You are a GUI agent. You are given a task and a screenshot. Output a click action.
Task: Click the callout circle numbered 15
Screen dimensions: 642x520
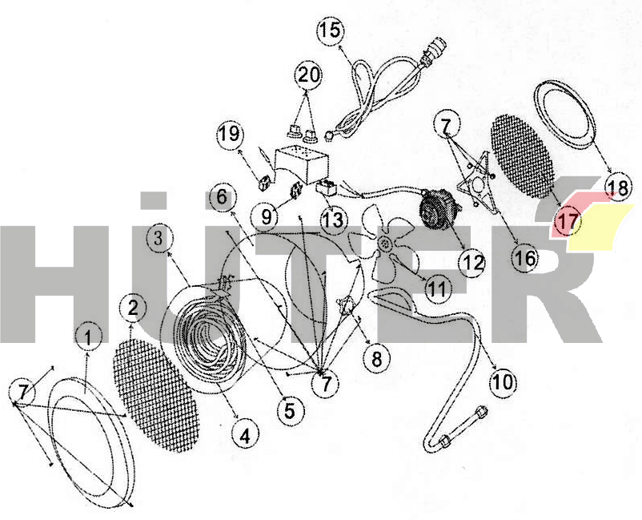(331, 30)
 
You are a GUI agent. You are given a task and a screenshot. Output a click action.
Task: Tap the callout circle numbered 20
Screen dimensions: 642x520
(309, 75)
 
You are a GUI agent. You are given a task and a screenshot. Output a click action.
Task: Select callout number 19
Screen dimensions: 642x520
(230, 134)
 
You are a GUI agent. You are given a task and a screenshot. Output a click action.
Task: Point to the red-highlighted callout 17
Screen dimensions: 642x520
(568, 221)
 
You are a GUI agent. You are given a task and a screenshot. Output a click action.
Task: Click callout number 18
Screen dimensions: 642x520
(618, 187)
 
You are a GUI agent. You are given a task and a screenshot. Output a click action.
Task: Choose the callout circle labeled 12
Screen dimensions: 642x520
(472, 261)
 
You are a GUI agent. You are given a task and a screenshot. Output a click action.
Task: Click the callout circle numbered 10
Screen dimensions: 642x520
(504, 382)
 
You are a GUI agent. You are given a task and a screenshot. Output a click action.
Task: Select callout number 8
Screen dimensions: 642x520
(376, 359)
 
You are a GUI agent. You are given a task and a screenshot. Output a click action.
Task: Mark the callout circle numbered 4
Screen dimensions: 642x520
(244, 437)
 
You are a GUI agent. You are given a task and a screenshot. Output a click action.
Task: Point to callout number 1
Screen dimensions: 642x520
(87, 337)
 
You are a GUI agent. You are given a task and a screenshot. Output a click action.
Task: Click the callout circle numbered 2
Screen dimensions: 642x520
(133, 308)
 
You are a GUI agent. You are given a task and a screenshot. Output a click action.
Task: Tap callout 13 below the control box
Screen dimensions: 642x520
(334, 220)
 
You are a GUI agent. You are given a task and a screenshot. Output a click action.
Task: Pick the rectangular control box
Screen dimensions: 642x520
(301, 165)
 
